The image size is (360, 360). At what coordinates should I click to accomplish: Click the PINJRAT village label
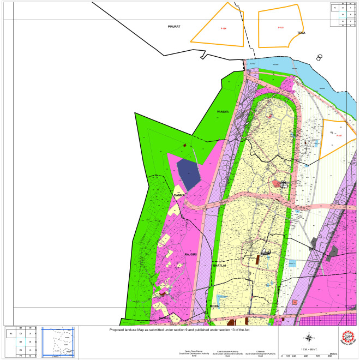coord(173,26)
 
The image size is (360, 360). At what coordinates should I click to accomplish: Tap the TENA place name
coord(301,34)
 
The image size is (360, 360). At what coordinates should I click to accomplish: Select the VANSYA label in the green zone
coord(221,111)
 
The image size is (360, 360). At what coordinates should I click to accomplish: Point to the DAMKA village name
coord(179,195)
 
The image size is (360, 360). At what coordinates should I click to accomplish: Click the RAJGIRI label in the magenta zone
coord(190,255)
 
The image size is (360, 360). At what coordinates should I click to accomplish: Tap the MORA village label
coord(214,307)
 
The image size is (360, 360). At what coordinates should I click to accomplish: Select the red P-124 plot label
coord(223,28)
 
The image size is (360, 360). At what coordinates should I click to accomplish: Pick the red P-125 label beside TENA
coord(280,28)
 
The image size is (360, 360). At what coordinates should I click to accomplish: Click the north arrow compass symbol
coord(309,337)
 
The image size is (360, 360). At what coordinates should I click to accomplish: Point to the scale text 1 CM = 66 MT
coord(309,348)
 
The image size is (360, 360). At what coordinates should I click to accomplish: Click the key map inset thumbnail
coord(58,341)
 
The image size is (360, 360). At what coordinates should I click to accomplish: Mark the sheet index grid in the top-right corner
coord(344,15)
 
